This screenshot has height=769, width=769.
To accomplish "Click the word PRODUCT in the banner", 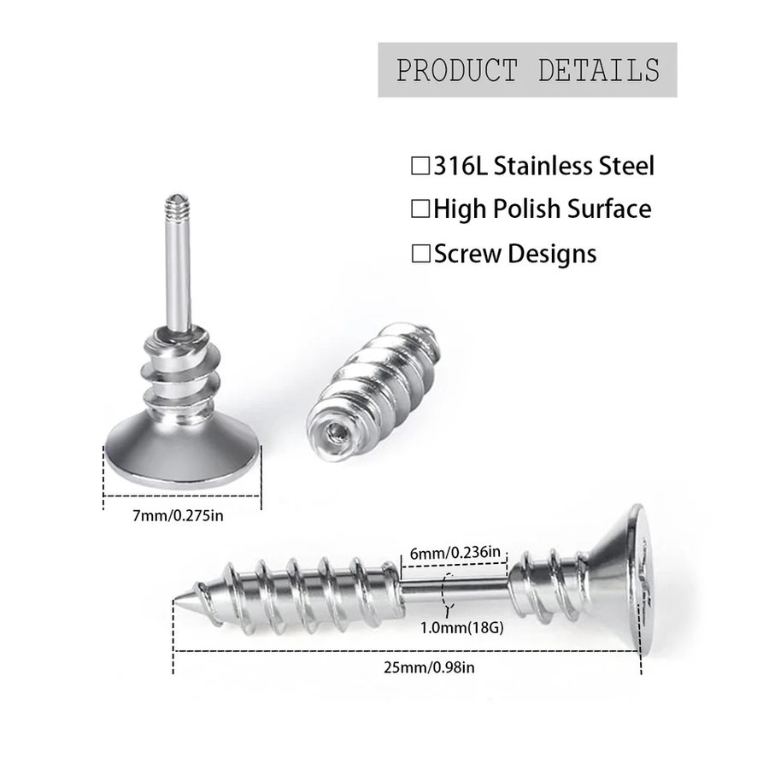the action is [456, 70].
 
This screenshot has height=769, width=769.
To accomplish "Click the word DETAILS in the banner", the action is [598, 70].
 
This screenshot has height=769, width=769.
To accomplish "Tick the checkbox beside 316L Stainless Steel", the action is [420, 166].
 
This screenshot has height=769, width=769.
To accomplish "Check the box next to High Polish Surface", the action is [420, 209].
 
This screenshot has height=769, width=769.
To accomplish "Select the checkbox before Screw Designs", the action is [420, 254].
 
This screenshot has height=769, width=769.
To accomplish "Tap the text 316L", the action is [461, 166].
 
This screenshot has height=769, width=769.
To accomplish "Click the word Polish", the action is [527, 209].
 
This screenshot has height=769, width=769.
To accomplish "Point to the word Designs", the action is [552, 255].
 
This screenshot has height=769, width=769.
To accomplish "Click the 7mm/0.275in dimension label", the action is [178, 516].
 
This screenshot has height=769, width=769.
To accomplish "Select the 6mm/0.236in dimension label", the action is [455, 553].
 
